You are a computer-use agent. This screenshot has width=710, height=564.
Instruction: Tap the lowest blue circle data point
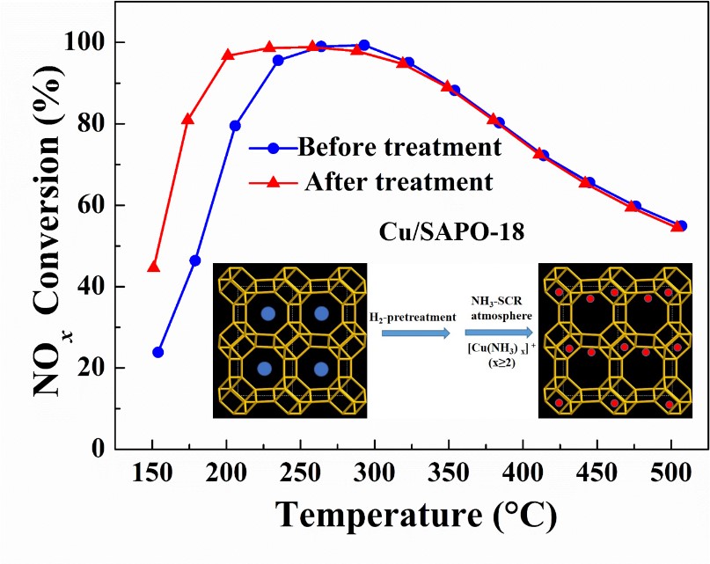tap(158, 352)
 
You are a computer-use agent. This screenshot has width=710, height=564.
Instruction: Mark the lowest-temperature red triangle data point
tap(154, 267)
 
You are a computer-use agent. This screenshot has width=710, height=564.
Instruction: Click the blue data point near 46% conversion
tap(194, 260)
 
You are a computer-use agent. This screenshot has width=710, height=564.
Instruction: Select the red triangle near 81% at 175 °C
tap(187, 119)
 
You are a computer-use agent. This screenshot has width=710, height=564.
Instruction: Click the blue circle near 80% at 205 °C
tap(235, 126)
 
